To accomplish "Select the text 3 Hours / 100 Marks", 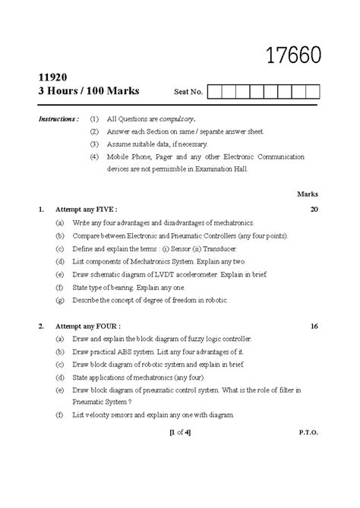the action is [x=83, y=92].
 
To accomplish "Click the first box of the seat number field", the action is [x=213, y=93].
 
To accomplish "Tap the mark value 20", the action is [x=314, y=208].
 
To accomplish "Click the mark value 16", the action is [x=314, y=326].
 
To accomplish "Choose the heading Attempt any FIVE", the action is [x=88, y=208].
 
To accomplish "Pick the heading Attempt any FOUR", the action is [x=88, y=326].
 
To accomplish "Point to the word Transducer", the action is [x=220, y=248].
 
